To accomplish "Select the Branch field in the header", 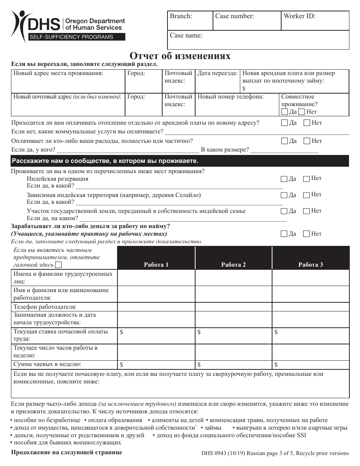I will pyautogui.click(x=190, y=21).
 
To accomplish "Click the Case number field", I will pyautogui.click(x=247, y=21).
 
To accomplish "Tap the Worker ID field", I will pyautogui.click(x=315, y=21).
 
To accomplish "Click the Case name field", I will pyautogui.click(x=258, y=40).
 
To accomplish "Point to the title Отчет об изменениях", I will pyautogui.click(x=180, y=56).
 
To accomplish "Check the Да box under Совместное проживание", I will pyautogui.click(x=285, y=112).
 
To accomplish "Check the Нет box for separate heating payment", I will pyautogui.click(x=307, y=123).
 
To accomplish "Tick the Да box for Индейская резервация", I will pyautogui.click(x=284, y=179).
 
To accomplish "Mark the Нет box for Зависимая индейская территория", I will pyautogui.click(x=307, y=195).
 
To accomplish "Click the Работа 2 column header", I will pyautogui.click(x=233, y=264).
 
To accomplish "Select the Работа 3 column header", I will pyautogui.click(x=311, y=264).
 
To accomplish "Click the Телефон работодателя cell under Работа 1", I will pyautogui.click(x=156, y=306).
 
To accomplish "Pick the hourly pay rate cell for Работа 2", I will pyautogui.click(x=233, y=336).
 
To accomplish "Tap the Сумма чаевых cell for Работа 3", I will pyautogui.click(x=311, y=364).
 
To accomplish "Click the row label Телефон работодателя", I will pyautogui.click(x=45, y=306).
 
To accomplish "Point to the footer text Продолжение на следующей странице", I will pyautogui.click(x=67, y=452).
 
